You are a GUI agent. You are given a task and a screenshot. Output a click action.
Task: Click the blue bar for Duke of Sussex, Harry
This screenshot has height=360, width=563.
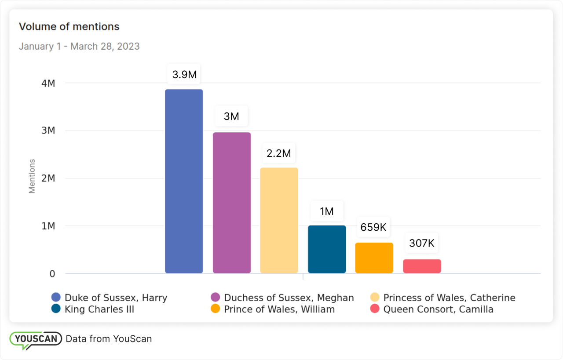(x=184, y=181)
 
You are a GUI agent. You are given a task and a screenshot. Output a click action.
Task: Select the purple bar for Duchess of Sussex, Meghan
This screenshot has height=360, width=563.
(x=232, y=203)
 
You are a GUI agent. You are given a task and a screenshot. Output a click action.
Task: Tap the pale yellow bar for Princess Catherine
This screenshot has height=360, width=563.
(x=279, y=220)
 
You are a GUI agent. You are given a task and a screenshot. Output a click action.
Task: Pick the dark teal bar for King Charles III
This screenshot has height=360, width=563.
(x=327, y=249)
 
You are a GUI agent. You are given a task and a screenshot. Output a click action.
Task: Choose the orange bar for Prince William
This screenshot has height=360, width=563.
(x=374, y=258)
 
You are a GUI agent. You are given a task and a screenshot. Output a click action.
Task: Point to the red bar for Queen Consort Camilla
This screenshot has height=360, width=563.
(x=422, y=266)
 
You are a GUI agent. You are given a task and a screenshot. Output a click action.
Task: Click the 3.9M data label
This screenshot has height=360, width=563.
(x=184, y=75)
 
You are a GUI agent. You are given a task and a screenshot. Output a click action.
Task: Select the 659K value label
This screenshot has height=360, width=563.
(x=373, y=227)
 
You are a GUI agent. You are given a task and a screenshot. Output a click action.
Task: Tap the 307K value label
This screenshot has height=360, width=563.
(x=421, y=243)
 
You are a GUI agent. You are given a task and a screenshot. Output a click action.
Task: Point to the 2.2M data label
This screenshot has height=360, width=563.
(x=279, y=153)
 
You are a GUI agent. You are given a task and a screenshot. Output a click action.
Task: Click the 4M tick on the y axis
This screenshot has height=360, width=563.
(x=48, y=83)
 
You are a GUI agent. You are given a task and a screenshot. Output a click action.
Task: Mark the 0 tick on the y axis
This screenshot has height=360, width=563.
(x=52, y=274)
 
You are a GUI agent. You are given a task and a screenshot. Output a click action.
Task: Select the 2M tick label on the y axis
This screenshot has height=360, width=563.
(x=48, y=178)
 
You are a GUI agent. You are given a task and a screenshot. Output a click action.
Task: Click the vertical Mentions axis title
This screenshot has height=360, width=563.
(x=32, y=176)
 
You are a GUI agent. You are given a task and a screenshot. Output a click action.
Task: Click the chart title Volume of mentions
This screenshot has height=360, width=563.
(x=69, y=26)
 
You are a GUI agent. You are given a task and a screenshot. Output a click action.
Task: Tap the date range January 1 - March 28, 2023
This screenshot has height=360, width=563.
(x=79, y=46)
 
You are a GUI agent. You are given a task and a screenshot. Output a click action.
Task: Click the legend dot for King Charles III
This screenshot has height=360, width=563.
(x=56, y=309)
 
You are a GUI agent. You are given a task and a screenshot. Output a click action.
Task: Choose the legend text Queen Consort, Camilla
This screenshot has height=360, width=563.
(x=438, y=309)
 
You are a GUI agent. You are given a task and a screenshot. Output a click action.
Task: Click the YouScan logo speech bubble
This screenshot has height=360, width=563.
(x=35, y=339)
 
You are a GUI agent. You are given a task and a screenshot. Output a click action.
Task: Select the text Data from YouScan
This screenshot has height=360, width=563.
(x=109, y=339)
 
